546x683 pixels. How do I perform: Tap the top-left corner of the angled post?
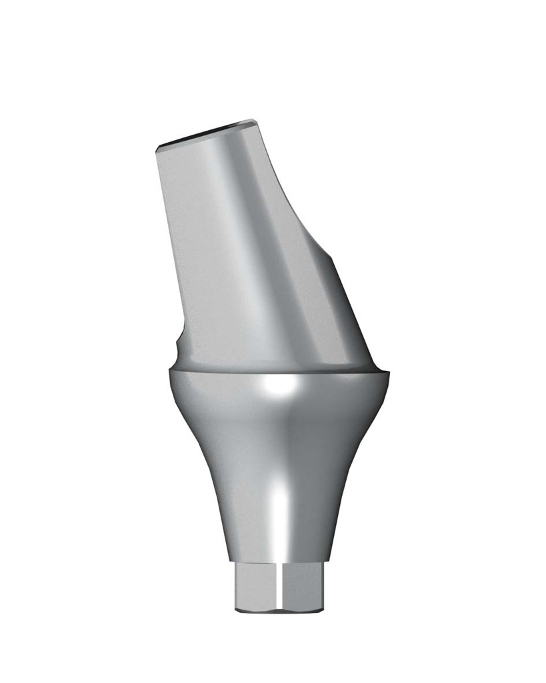tap(156, 148)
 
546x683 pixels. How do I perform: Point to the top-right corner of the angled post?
tap(255, 121)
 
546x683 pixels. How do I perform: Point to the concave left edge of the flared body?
tap(200, 467)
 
